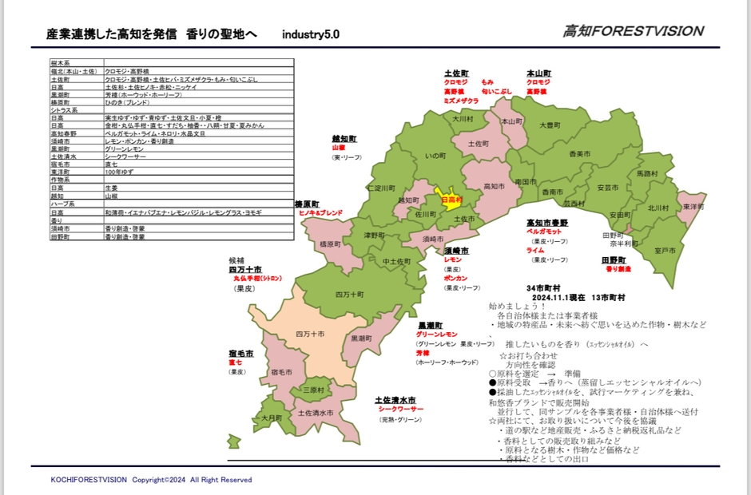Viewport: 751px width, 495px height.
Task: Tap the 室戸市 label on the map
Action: point(665,251)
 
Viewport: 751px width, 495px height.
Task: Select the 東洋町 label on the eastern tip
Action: point(692,207)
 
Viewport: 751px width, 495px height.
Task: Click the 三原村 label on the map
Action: point(313,390)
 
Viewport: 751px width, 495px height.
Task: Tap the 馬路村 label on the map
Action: point(647,173)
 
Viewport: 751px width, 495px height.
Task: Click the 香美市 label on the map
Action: point(578,153)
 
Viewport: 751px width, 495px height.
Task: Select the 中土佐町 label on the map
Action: point(397,261)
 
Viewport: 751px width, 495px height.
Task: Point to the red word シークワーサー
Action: point(401,409)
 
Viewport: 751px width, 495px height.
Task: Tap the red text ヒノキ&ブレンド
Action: point(320,213)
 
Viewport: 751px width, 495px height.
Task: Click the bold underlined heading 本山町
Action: point(538,73)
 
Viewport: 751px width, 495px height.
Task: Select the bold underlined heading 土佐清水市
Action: point(395,400)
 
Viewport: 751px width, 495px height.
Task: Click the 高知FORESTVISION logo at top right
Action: point(633,31)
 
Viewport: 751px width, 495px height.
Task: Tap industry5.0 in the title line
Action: point(310,35)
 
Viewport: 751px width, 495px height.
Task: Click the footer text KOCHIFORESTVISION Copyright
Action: point(151,480)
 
